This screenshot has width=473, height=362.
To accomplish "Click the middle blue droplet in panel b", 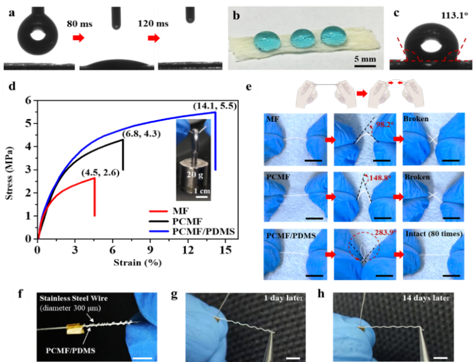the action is tap(301, 37).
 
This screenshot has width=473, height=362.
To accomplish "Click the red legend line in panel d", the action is tap(158, 211).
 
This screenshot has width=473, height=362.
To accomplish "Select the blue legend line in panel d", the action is tap(158, 231).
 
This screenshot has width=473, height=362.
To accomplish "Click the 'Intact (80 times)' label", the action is tap(433, 234).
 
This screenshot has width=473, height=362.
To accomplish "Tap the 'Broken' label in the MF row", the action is tap(418, 118).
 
